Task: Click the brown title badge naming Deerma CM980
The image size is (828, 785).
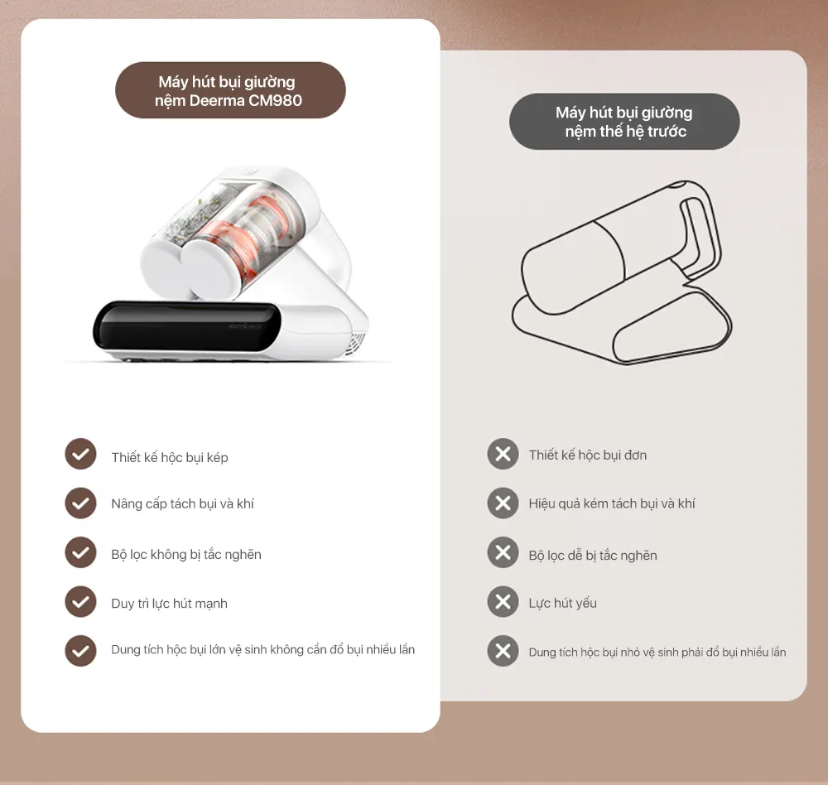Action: pyautogui.click(x=230, y=90)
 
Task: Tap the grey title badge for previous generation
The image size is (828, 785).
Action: pyautogui.click(x=624, y=122)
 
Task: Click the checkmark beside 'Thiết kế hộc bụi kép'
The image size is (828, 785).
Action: pyautogui.click(x=80, y=454)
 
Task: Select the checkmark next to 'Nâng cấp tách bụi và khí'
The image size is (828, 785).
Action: pyautogui.click(x=80, y=503)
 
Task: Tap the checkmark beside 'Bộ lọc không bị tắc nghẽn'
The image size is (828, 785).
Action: pyautogui.click(x=80, y=552)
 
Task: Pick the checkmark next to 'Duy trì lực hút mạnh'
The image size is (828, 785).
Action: pyautogui.click(x=80, y=602)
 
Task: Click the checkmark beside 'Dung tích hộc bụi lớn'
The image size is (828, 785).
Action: pyautogui.click(x=80, y=651)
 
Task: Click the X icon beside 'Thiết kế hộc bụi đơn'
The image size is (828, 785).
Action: pyautogui.click(x=503, y=454)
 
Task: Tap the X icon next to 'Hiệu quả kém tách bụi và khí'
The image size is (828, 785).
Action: pyautogui.click(x=503, y=503)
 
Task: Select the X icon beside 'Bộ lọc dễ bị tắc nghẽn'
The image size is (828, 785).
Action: pyautogui.click(x=503, y=552)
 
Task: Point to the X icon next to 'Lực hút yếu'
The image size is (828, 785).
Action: pyautogui.click(x=503, y=602)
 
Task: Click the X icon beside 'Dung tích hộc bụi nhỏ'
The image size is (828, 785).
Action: pyautogui.click(x=503, y=651)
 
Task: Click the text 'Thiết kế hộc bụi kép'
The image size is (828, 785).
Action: pyautogui.click(x=170, y=457)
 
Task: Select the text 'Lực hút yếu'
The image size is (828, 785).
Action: pyautogui.click(x=562, y=604)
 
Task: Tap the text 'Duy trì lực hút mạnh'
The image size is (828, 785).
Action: pyautogui.click(x=169, y=604)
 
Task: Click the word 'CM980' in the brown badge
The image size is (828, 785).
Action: pyautogui.click(x=275, y=100)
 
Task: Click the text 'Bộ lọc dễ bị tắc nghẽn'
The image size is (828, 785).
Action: pyautogui.click(x=593, y=556)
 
